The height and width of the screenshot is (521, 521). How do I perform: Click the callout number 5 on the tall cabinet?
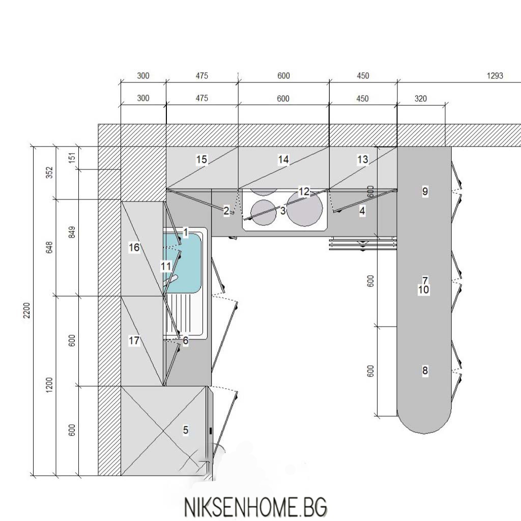tap(186, 430)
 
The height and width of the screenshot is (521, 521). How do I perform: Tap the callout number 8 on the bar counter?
tap(425, 371)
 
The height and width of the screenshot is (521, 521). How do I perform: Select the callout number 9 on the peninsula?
tap(425, 191)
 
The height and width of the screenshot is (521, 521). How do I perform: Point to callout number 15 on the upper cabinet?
tap(201, 160)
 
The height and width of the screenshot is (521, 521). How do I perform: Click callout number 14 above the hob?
tap(283, 160)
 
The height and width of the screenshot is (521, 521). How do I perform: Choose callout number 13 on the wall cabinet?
tap(362, 160)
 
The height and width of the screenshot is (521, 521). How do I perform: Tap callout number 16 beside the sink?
tap(134, 247)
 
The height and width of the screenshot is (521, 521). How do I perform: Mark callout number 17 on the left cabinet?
tap(134, 341)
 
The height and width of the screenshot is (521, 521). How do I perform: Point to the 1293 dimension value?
tap(495, 76)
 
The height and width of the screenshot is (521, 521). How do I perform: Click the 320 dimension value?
tap(421, 99)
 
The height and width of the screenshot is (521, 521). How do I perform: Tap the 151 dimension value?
tap(71, 158)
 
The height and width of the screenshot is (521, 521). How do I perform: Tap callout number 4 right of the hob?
tap(362, 211)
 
